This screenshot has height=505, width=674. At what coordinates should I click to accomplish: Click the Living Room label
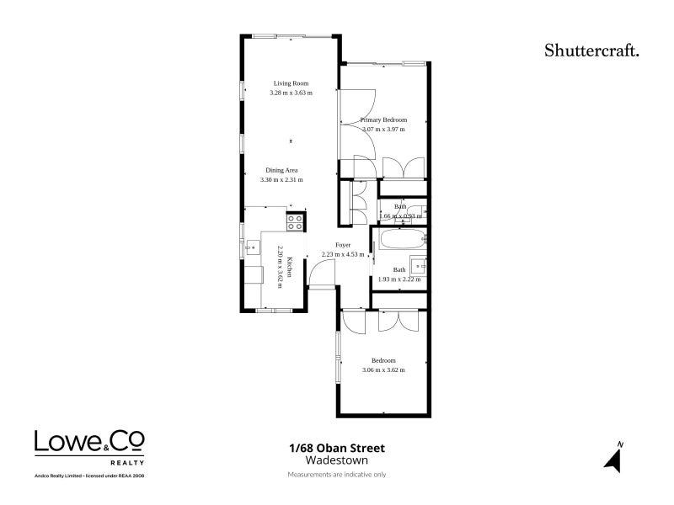(291, 82)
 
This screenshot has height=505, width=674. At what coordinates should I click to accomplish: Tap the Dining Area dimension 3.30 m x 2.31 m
(281, 179)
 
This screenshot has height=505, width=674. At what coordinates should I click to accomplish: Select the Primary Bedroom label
(383, 120)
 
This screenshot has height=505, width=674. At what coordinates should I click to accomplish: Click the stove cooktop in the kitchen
(295, 221)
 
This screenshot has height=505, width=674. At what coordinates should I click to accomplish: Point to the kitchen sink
(252, 247)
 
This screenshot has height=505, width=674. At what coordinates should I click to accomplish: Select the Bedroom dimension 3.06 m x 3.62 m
(383, 370)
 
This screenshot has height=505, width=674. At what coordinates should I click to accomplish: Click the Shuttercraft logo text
(591, 50)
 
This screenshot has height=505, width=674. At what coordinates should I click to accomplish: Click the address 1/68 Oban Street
(336, 449)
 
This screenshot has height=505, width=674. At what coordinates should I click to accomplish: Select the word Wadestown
(336, 460)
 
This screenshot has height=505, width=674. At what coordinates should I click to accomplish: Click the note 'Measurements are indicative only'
(336, 475)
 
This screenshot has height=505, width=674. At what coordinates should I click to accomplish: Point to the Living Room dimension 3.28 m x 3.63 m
(291, 93)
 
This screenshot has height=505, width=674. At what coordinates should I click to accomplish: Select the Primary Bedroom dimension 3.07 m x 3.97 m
(383, 130)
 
